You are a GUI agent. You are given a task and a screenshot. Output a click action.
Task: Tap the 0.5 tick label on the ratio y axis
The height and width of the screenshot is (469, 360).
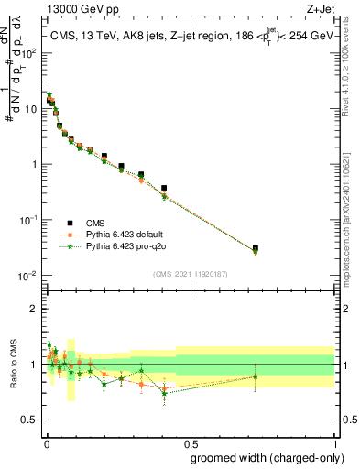[x=27, y=420]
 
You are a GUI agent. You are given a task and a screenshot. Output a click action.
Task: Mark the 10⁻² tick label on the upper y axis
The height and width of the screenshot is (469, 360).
[x=26, y=276]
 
